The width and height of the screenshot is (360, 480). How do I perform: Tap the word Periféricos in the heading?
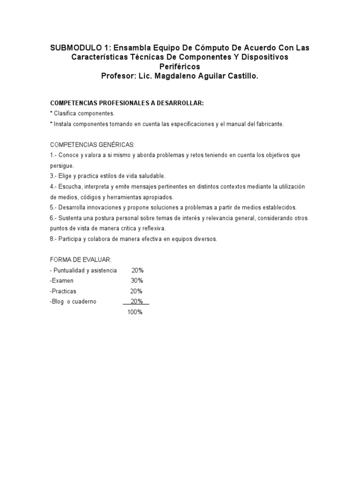[180, 67]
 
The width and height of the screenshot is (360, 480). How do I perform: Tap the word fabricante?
[268, 124]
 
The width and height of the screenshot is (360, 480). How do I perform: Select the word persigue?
[61, 165]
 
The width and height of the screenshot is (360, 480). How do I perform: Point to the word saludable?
[151, 176]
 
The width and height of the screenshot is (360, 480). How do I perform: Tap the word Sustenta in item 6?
[70, 218]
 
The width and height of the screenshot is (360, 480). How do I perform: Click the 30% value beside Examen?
[137, 280]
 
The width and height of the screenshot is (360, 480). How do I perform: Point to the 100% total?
[135, 312]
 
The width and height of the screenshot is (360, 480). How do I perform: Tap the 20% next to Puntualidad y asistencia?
[137, 270]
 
